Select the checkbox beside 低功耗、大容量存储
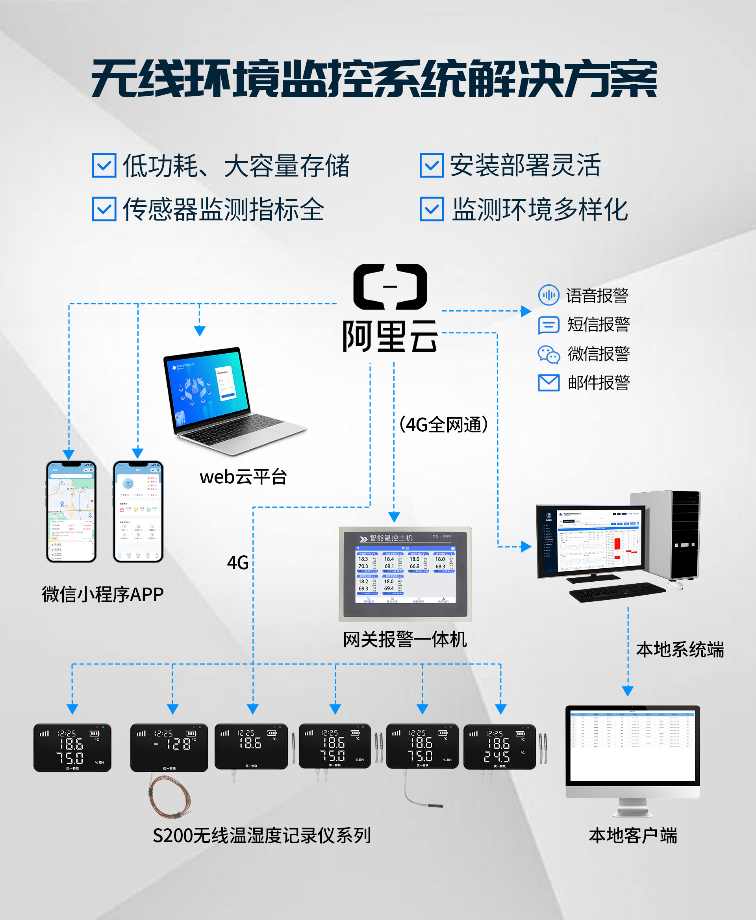click(x=104, y=165)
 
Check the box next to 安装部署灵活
click(x=432, y=165)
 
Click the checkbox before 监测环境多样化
click(x=432, y=209)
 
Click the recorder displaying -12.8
click(x=169, y=747)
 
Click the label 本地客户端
click(x=632, y=835)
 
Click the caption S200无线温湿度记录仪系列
click(x=261, y=835)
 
